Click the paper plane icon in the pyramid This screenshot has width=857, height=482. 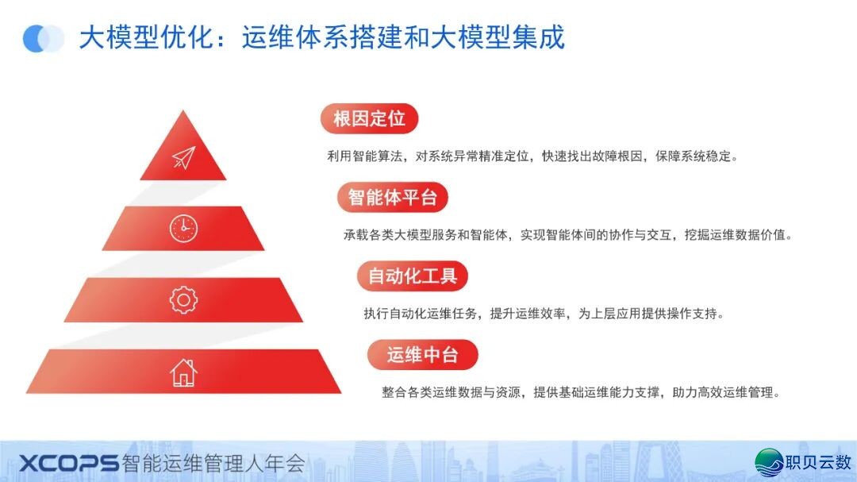click(x=183, y=157)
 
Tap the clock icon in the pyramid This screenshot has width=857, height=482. click(x=183, y=229)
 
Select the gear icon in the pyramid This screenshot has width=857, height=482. click(x=183, y=299)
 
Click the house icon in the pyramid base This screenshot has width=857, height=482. click(x=183, y=372)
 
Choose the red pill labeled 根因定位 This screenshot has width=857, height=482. click(x=369, y=119)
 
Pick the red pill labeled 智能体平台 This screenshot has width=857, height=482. click(x=393, y=197)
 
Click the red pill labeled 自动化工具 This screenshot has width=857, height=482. click(x=413, y=276)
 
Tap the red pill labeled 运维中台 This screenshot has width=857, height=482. click(x=423, y=354)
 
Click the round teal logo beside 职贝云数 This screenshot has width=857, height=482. click(x=768, y=462)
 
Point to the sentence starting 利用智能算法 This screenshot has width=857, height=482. click(x=532, y=156)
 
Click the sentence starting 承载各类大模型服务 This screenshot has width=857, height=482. click(x=568, y=235)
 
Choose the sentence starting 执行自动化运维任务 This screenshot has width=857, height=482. click(x=544, y=314)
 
